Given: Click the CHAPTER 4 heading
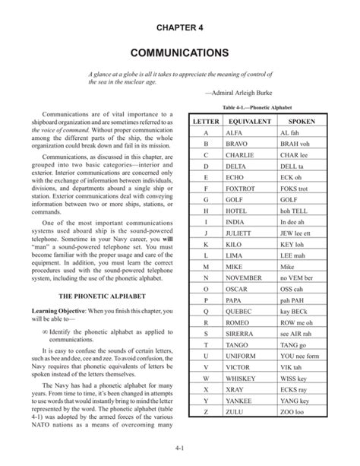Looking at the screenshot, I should [179, 28].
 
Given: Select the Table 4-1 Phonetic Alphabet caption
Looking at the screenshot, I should [258, 107].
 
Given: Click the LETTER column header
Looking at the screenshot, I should [206, 121].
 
